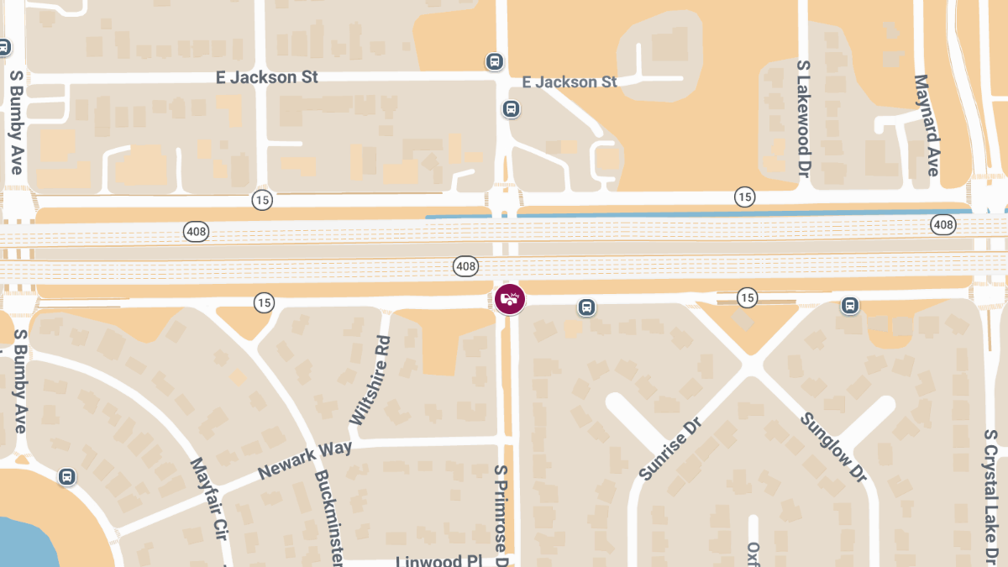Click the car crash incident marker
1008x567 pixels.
coord(509,299)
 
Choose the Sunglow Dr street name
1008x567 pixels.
coord(832,447)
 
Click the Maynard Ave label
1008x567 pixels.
coord(925,125)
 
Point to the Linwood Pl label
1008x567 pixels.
coord(438,560)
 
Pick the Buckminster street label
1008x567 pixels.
coord(328,517)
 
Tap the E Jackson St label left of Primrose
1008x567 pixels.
coord(267,77)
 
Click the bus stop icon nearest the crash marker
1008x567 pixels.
coord(587,307)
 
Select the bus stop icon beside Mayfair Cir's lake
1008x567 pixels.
coord(67,476)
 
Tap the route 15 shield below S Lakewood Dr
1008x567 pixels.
coord(744,197)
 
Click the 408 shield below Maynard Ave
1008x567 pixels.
coord(942,224)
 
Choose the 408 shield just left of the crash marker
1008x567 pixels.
coord(465,266)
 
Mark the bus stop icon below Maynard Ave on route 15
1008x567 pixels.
coord(850,305)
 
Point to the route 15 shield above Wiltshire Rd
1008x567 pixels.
coord(264,302)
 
